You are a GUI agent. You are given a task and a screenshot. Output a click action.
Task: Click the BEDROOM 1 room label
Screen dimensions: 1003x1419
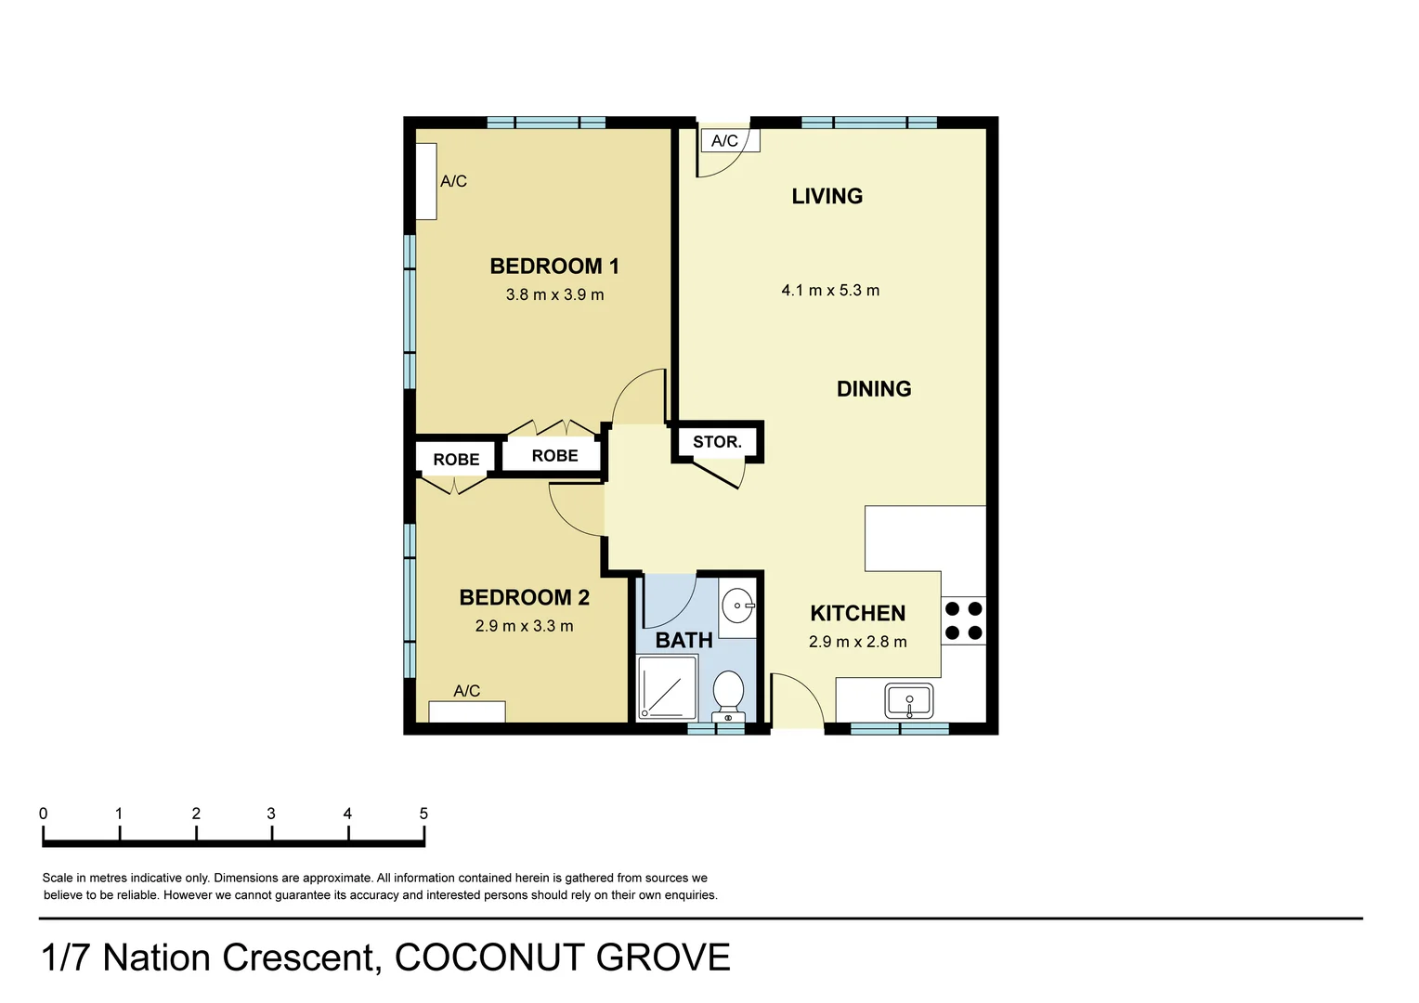(x=554, y=267)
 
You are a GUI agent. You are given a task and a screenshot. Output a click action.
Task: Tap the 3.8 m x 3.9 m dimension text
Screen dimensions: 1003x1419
(x=554, y=294)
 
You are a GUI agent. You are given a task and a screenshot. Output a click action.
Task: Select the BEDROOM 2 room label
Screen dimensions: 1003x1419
(x=525, y=597)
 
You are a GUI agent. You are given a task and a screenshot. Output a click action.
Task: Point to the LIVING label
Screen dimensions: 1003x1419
(x=827, y=196)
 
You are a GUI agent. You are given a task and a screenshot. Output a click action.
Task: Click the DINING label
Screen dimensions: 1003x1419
(x=874, y=389)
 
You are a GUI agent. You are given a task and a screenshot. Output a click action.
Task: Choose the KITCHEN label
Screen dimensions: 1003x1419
(x=857, y=613)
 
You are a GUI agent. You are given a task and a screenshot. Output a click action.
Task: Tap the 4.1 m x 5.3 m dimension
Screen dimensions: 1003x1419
(x=830, y=291)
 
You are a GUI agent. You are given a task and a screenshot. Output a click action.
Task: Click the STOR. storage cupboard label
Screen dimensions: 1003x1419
(x=717, y=442)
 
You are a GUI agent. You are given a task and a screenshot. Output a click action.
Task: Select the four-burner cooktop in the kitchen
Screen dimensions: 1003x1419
(x=963, y=621)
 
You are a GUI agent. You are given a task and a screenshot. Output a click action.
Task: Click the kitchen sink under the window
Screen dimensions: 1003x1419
(x=909, y=700)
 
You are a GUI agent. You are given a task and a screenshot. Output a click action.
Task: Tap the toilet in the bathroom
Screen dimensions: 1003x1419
(x=728, y=695)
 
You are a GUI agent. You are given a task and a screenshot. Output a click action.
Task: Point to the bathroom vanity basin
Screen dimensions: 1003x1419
(x=738, y=606)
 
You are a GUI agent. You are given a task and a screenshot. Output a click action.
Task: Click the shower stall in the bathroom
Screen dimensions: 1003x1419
(x=667, y=687)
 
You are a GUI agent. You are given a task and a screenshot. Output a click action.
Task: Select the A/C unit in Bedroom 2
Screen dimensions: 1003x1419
(x=467, y=711)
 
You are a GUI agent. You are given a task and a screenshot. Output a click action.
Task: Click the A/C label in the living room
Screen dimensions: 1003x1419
(x=725, y=141)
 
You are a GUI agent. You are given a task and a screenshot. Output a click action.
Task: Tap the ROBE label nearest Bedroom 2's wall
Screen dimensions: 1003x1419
(x=456, y=460)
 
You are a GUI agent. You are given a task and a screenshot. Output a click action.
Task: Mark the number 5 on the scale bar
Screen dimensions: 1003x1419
(x=423, y=814)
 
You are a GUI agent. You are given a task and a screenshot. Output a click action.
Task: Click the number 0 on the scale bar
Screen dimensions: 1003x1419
(x=44, y=814)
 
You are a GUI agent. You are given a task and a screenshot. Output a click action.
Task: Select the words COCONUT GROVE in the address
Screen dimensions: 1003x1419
(x=563, y=957)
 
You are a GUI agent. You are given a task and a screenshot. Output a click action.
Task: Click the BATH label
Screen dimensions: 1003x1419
(x=683, y=640)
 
